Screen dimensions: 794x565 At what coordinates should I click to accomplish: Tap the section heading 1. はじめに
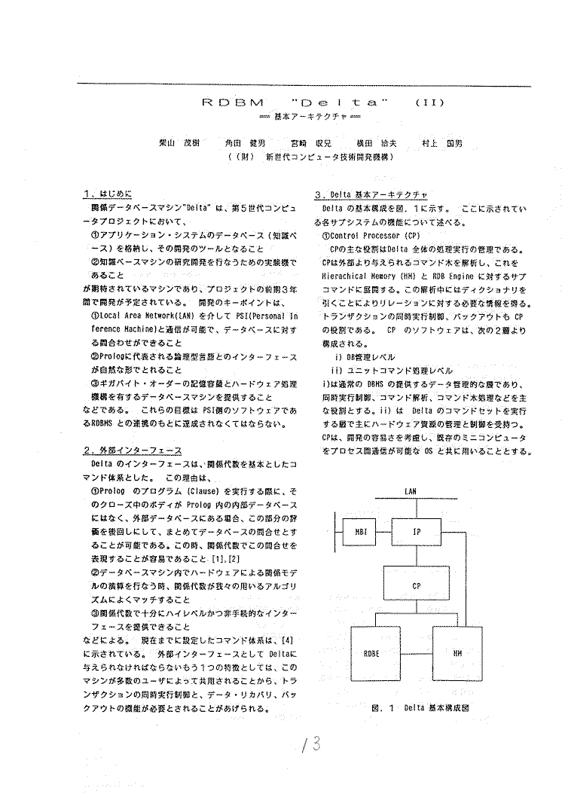[x=111, y=194]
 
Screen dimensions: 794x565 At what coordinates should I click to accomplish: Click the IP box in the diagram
[x=416, y=532]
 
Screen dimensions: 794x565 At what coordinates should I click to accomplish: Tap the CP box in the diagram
[x=416, y=585]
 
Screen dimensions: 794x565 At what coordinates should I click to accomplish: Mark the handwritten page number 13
[x=310, y=745]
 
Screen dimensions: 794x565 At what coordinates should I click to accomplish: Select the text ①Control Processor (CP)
[x=364, y=235]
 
